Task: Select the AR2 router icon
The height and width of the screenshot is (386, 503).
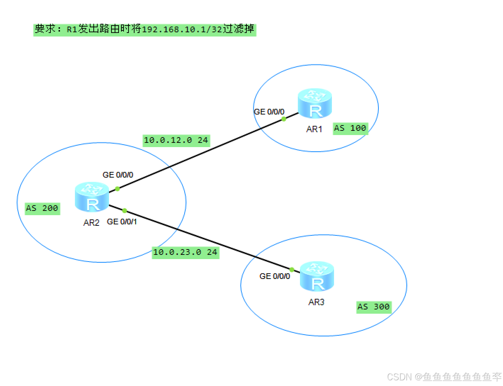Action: click(92, 197)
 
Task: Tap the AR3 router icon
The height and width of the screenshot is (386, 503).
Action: click(317, 276)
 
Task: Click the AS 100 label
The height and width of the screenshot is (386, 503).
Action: click(350, 128)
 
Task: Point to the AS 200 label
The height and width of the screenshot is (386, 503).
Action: click(42, 208)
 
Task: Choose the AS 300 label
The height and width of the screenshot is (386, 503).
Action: click(373, 307)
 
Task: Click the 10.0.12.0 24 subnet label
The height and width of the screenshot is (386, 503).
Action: click(176, 140)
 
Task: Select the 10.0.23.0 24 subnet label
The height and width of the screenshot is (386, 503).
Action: click(185, 252)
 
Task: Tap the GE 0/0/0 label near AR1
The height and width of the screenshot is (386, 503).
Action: click(269, 112)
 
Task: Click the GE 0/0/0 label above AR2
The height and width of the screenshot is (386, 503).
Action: click(118, 175)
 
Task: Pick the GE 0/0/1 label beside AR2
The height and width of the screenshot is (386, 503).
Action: click(122, 222)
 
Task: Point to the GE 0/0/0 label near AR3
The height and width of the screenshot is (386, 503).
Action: click(275, 276)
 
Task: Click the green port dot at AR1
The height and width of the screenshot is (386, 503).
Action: click(284, 119)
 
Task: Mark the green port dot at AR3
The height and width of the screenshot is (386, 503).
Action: click(292, 270)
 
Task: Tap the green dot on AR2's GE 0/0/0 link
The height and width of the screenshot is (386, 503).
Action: click(117, 189)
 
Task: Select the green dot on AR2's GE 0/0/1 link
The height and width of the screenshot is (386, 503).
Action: click(125, 211)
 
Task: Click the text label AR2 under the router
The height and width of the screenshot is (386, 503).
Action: click(91, 223)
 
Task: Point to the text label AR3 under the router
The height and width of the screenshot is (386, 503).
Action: click(316, 302)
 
